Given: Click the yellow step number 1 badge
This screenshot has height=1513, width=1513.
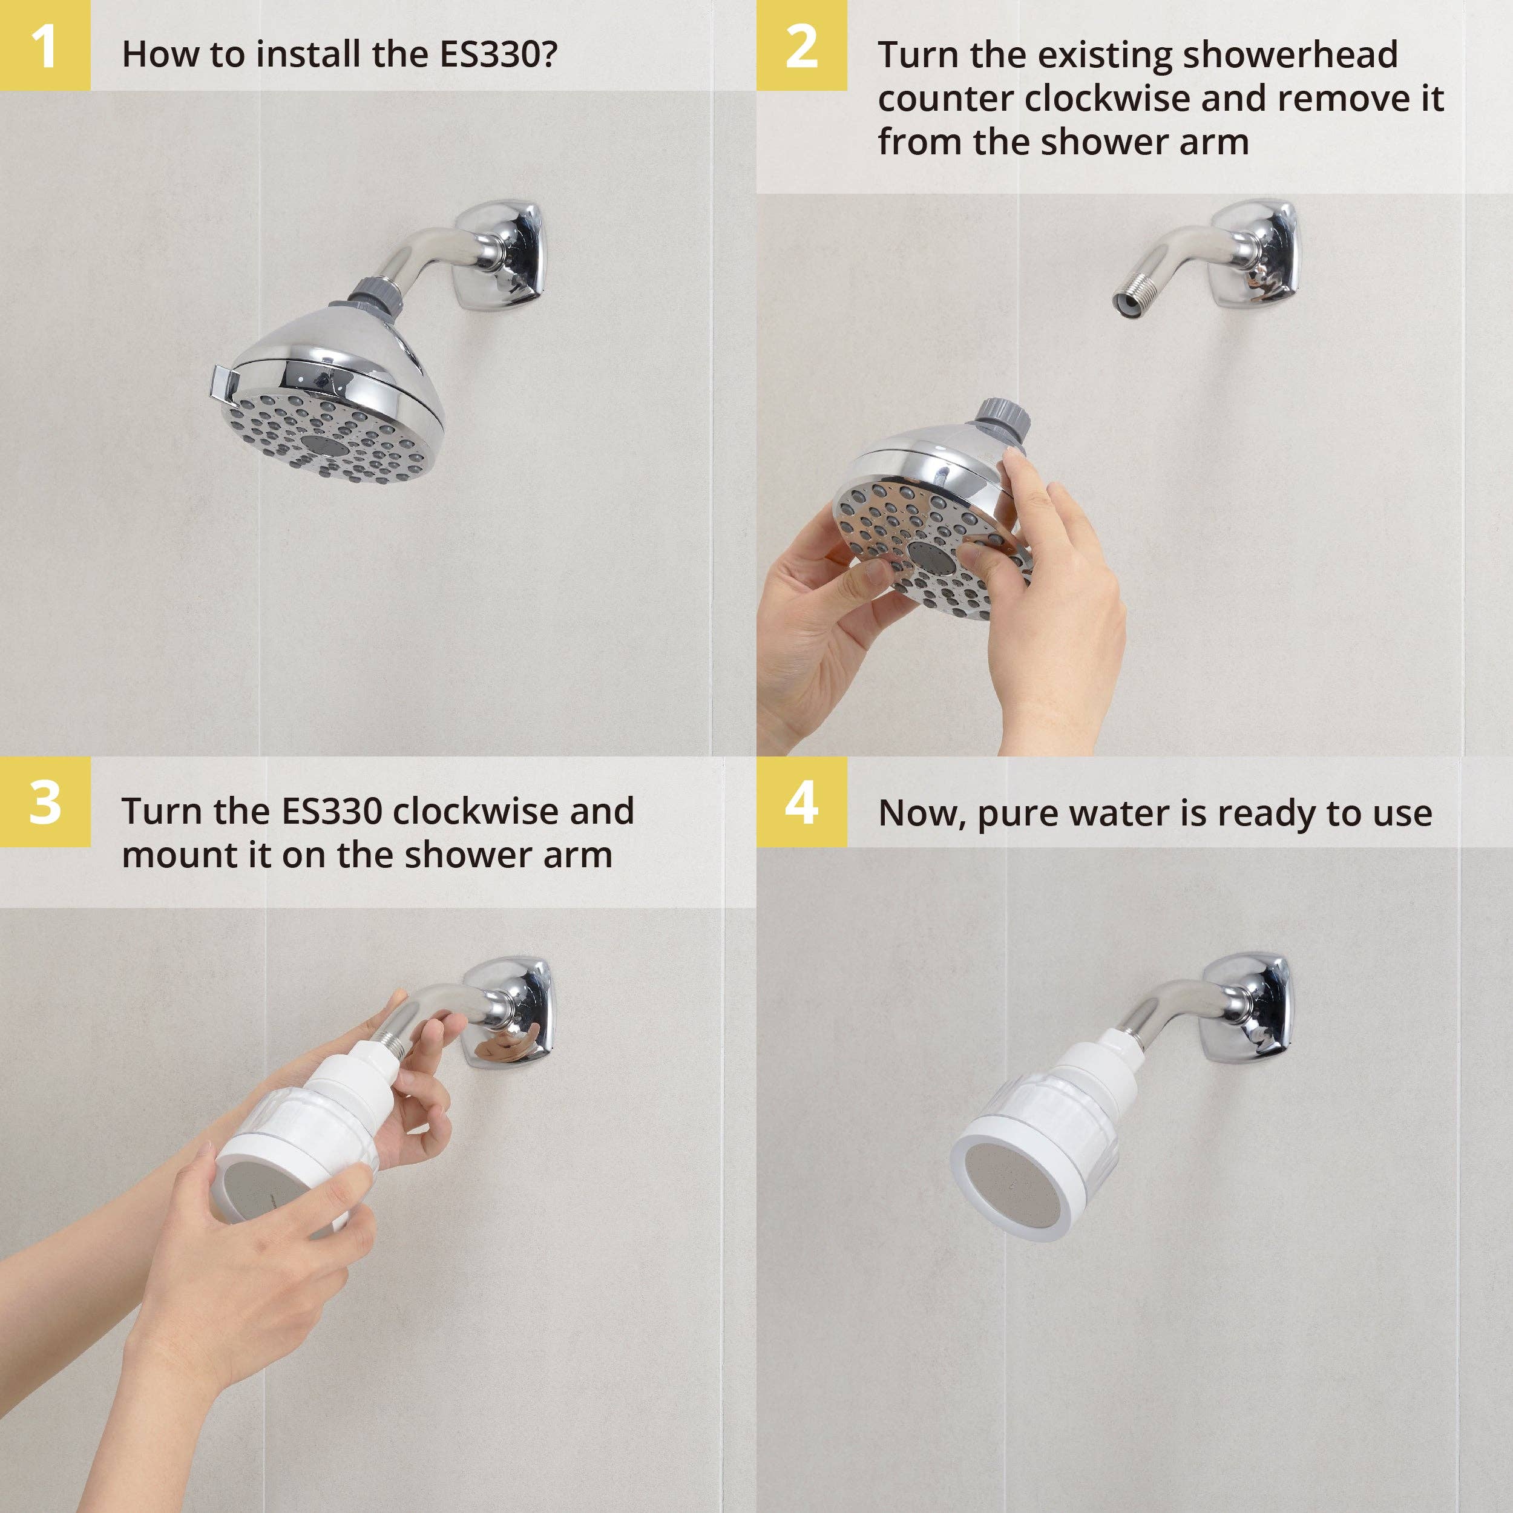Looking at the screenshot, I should (x=45, y=45).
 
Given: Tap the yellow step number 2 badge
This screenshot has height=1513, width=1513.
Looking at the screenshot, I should (x=801, y=45).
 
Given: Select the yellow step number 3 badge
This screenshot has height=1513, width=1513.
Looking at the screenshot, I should (x=45, y=802).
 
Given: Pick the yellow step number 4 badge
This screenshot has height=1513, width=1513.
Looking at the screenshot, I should (x=801, y=802).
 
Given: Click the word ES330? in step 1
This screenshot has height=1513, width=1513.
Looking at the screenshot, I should (x=498, y=54).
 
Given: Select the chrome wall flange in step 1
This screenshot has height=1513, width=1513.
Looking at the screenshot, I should (x=509, y=255).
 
